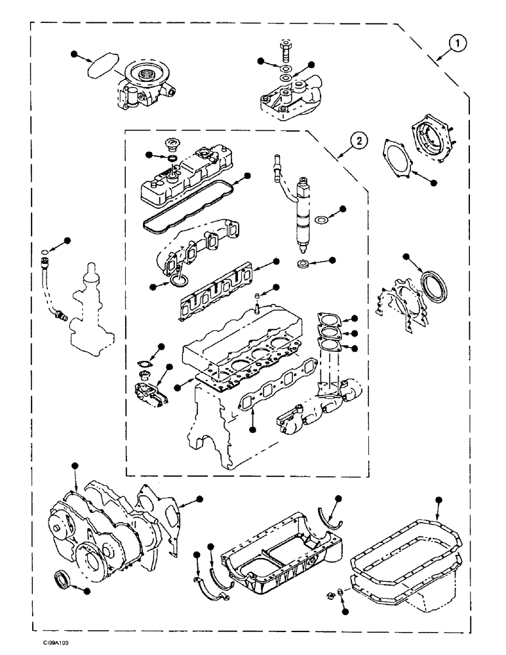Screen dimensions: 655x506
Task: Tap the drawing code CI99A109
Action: [53, 644]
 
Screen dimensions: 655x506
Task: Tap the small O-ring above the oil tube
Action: [44, 252]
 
